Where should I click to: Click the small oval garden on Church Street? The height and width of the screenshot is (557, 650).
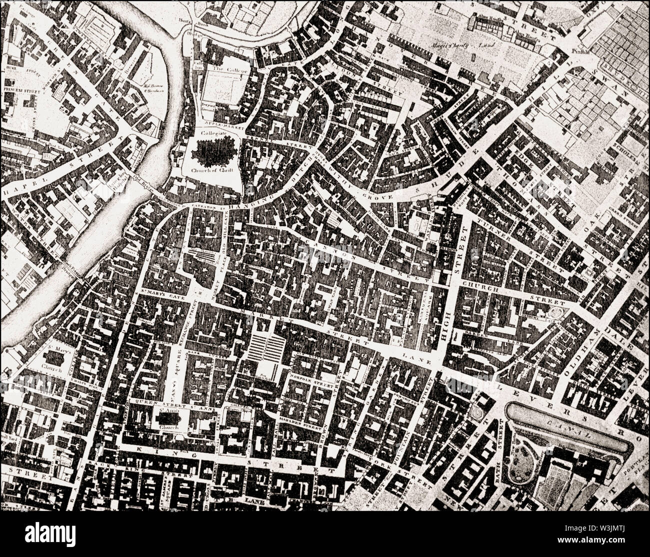pyautogui.click(x=554, y=314)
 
